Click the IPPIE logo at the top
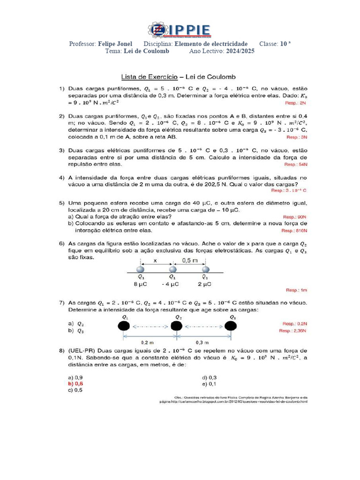tap(180, 30)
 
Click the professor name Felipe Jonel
tap(115, 44)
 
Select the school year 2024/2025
tap(240, 51)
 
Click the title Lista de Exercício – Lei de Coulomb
tap(178, 76)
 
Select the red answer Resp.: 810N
tap(294, 231)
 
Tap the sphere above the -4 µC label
tap(172, 270)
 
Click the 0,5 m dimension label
tap(189, 260)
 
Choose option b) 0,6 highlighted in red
tap(75, 383)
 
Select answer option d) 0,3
tap(209, 377)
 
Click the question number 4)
tap(61, 178)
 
